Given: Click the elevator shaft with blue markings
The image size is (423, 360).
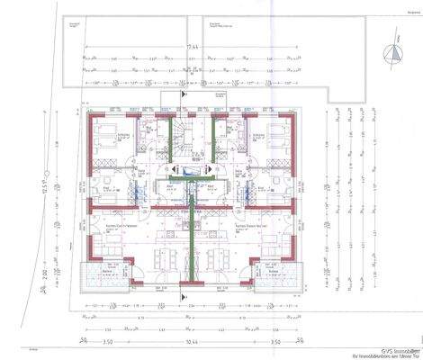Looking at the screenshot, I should [x=192, y=169].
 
